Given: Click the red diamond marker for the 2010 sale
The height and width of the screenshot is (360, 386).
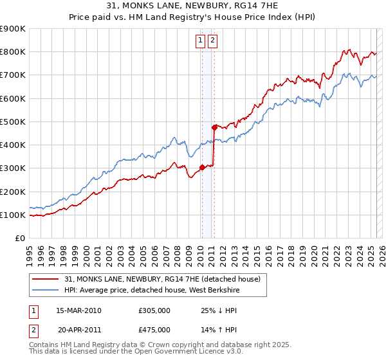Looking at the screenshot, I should tap(202, 167).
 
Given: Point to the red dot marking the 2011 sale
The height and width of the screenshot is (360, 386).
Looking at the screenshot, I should tap(214, 127).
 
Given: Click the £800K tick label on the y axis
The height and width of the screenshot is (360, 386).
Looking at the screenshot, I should tap(12, 51).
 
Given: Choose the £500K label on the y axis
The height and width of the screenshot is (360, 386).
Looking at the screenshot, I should tap(12, 122).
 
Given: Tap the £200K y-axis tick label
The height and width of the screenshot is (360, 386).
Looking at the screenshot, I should tap(12, 192).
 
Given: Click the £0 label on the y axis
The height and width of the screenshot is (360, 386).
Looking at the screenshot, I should tap(19, 239).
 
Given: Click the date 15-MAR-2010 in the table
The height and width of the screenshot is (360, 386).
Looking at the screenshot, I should tap(78, 310).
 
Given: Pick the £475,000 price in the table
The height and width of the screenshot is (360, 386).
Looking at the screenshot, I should tap(154, 329).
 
